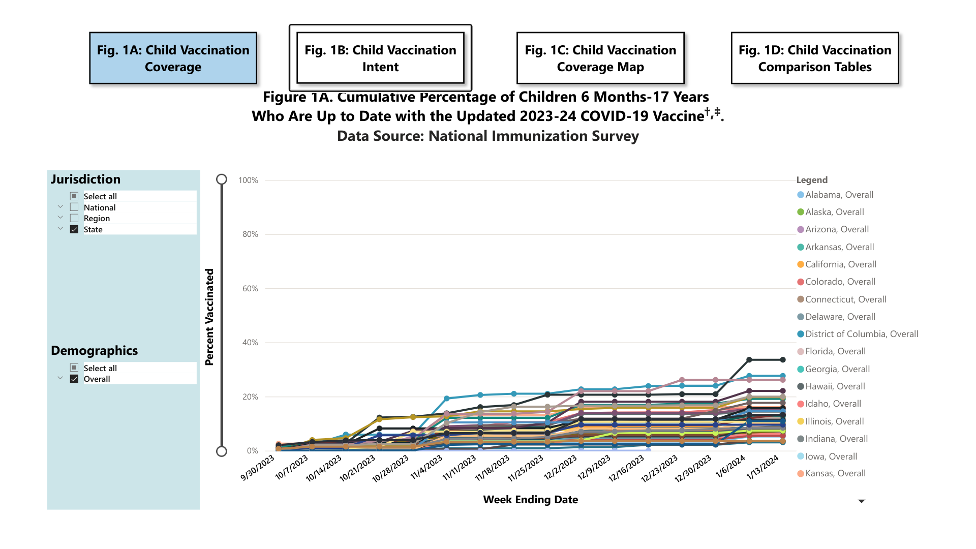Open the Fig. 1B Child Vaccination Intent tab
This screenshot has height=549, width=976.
[x=380, y=58]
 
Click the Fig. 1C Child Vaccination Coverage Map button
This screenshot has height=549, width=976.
[x=600, y=58]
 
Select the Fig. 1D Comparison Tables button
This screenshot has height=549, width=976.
[x=814, y=58]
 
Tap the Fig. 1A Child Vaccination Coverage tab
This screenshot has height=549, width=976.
[x=173, y=58]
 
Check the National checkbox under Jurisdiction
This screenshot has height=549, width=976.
[x=74, y=207]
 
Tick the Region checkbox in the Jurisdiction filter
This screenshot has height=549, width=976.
[x=74, y=219]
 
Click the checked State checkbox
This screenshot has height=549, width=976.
[x=74, y=229]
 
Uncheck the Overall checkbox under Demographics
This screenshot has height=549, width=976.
[x=74, y=379]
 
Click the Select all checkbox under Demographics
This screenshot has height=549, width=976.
[x=74, y=368]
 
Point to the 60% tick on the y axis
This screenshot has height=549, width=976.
[x=250, y=289]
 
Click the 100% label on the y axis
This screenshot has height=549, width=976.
[x=248, y=180]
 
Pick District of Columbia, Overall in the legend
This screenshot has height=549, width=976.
[x=861, y=334]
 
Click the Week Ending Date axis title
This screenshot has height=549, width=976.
[x=530, y=500]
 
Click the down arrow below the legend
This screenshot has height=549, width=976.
[x=861, y=501]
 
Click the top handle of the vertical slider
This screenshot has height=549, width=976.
[x=222, y=179]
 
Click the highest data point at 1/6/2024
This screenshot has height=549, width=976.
[x=749, y=360]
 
